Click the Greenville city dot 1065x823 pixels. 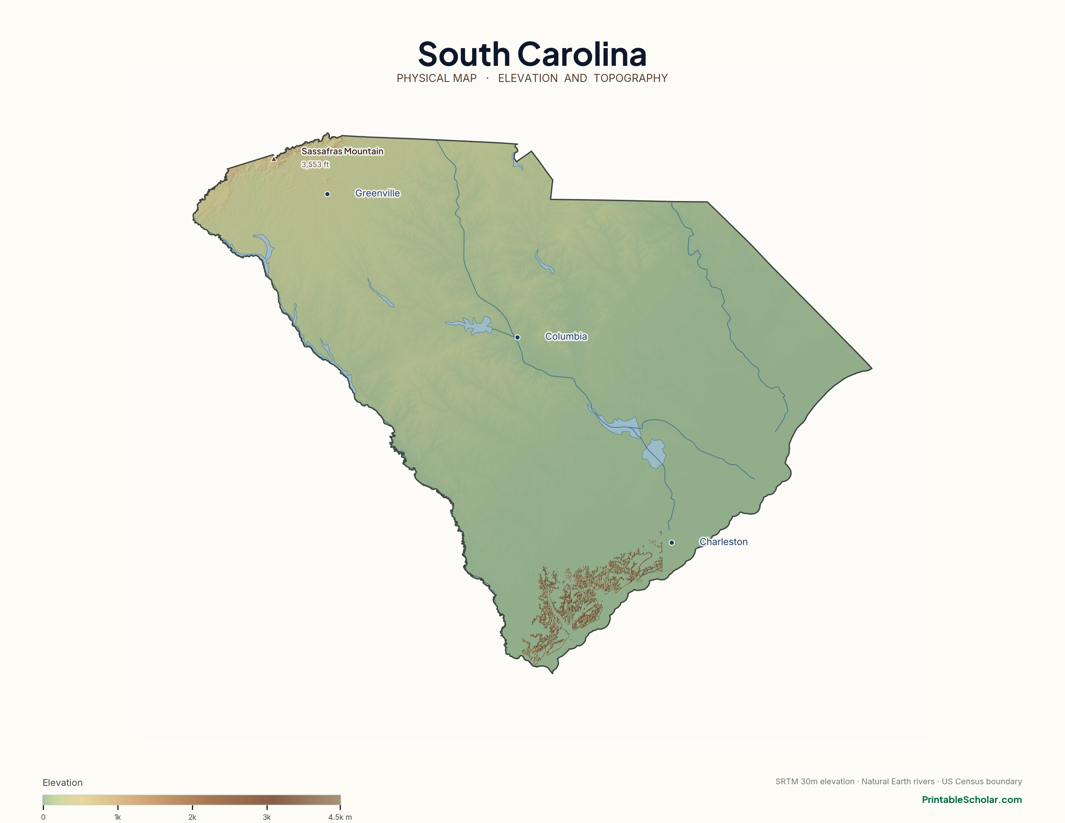point(327,194)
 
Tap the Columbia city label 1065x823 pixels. point(566,336)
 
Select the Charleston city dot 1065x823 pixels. point(672,543)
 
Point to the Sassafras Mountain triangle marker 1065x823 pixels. point(274,159)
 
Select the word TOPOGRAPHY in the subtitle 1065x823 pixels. point(631,78)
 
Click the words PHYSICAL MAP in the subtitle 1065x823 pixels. point(436,78)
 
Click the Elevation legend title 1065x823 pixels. point(62,783)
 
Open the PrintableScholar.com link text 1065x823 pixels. point(971,799)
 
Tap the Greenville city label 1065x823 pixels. point(378,194)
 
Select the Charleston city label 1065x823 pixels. point(723,542)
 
